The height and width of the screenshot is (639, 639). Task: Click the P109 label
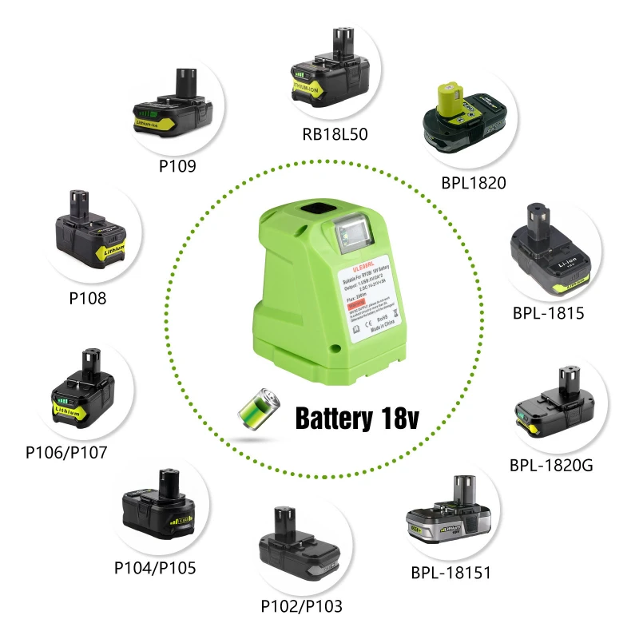pyautogui.click(x=177, y=166)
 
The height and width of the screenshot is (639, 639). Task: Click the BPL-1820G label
pyautogui.click(x=551, y=464)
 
